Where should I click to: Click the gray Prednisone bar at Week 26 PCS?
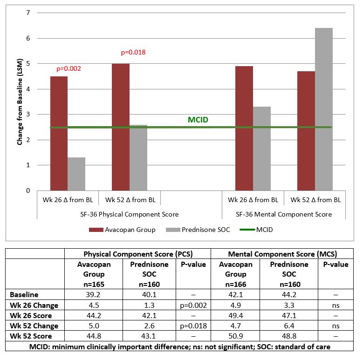[x=76, y=174]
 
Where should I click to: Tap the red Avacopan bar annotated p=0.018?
[x=120, y=127]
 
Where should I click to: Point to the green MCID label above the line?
[x=198, y=120]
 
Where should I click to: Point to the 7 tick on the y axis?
[x=27, y=13]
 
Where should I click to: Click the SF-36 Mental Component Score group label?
[x=284, y=214]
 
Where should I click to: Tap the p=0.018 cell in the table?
[x=192, y=326]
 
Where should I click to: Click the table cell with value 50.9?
[x=235, y=337]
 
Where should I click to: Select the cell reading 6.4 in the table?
[x=289, y=326]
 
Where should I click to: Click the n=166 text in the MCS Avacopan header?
[x=235, y=284]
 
